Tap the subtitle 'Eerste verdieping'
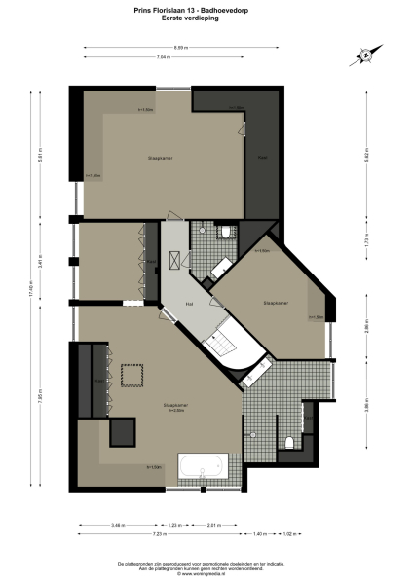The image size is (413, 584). tap(206, 18)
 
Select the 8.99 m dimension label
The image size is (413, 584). tap(207, 47)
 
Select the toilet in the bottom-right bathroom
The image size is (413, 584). tap(289, 442)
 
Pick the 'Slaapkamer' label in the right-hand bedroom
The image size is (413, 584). tap(276, 303)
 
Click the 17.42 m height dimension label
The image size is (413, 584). tap(30, 289)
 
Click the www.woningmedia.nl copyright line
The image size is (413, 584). tap(206, 573)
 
